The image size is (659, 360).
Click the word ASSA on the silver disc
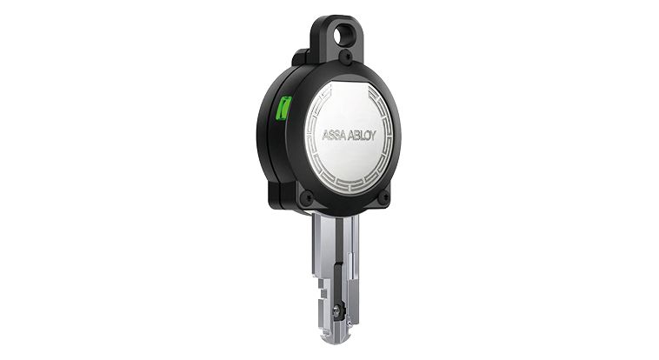pyautogui.click(x=336, y=136)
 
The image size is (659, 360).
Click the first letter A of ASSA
pyautogui.click(x=326, y=136)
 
